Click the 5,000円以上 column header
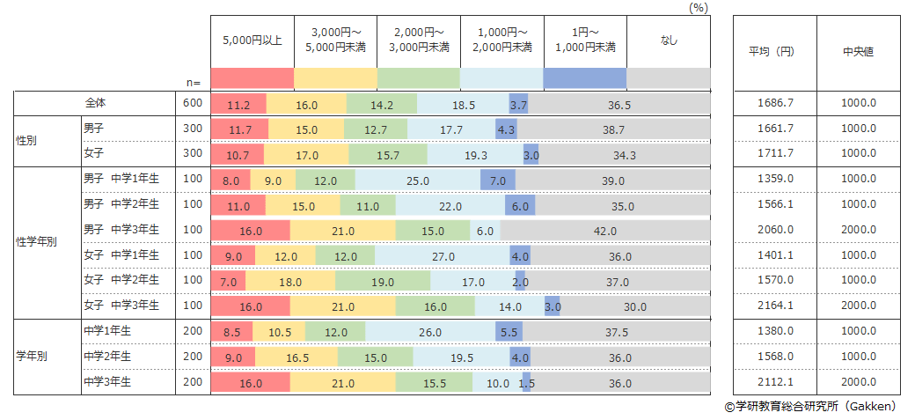pyautogui.click(x=252, y=41)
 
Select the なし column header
pyautogui.click(x=668, y=41)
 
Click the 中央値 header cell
pyautogui.click(x=859, y=52)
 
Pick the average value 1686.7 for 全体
pyautogui.click(x=775, y=104)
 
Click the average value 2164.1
pyautogui.click(x=775, y=306)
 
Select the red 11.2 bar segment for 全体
pyautogui.click(x=238, y=104)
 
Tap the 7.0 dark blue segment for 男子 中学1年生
pyautogui.click(x=497, y=181)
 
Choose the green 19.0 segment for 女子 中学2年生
pyautogui.click(x=384, y=282)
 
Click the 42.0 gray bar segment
pyautogui.click(x=605, y=231)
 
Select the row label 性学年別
pyautogui.click(x=37, y=242)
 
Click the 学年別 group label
pyautogui.click(x=32, y=357)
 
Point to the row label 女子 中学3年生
pyautogui.click(x=121, y=306)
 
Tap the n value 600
pyautogui.click(x=193, y=104)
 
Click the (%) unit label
pyautogui.click(x=699, y=7)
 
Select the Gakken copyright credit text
pyautogui.click(x=810, y=407)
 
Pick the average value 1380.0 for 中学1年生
pyautogui.click(x=775, y=332)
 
